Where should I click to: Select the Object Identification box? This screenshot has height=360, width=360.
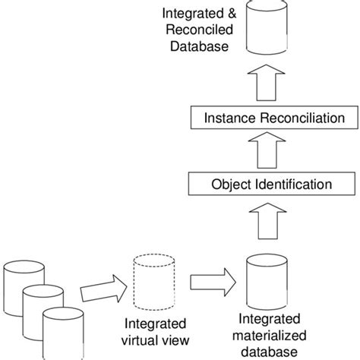click(x=270, y=184)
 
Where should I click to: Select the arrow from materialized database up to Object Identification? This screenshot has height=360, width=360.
click(x=270, y=226)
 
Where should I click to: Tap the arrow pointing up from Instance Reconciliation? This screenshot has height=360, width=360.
click(x=270, y=82)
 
